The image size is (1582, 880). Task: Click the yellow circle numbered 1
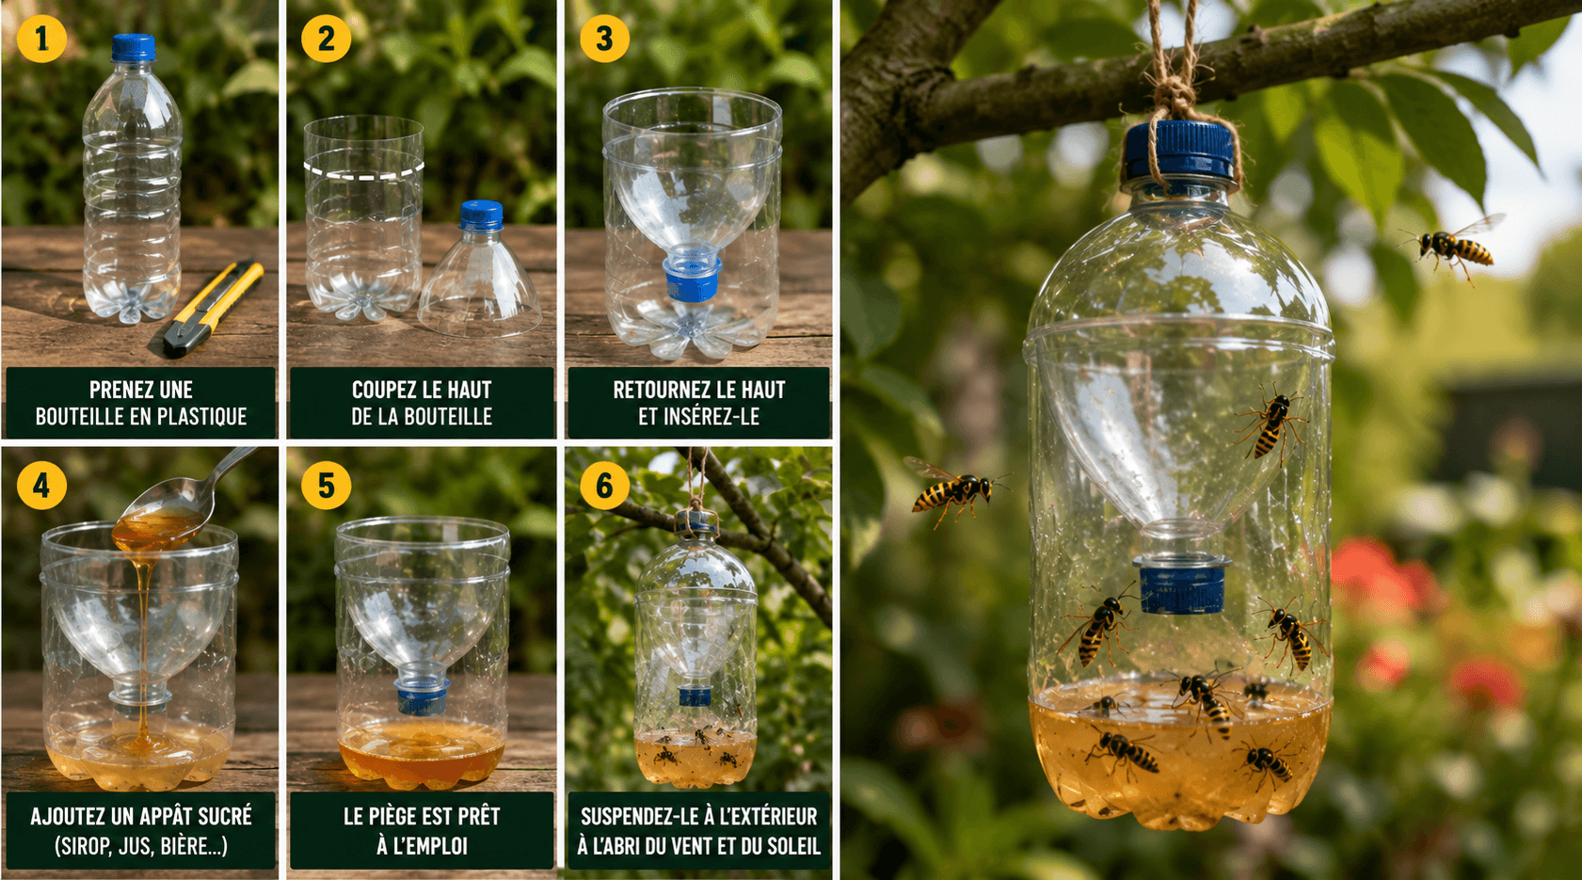[41, 39]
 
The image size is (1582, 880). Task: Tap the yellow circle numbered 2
[326, 39]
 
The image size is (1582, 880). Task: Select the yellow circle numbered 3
[604, 39]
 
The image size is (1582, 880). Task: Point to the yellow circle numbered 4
[41, 486]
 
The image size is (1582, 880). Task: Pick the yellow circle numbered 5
[326, 486]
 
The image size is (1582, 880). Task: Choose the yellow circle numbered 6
[604, 486]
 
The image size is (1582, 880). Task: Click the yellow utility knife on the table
[213, 308]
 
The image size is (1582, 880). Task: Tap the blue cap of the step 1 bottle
[133, 47]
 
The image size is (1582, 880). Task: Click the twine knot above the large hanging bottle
[1174, 95]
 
